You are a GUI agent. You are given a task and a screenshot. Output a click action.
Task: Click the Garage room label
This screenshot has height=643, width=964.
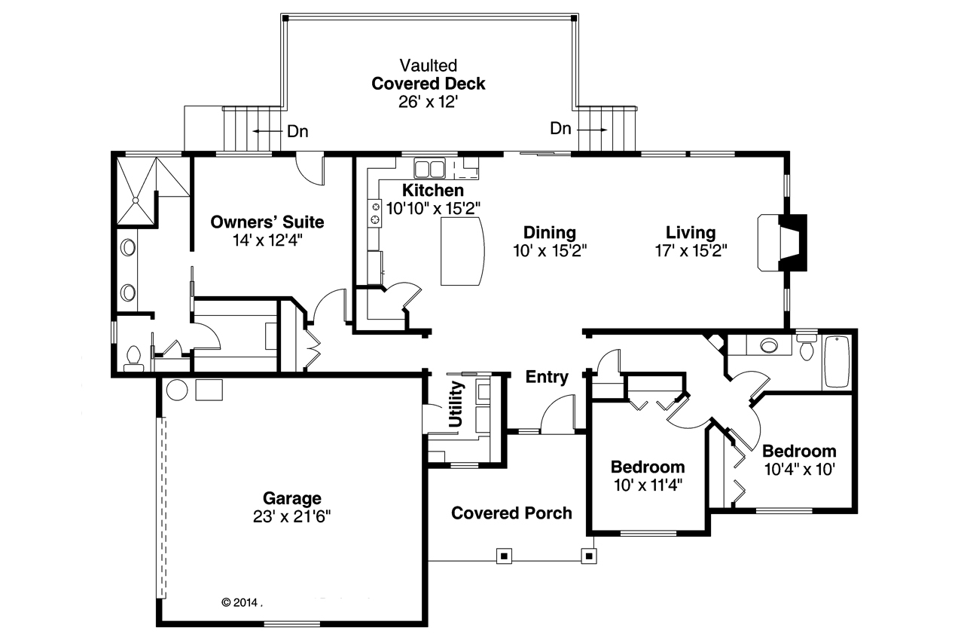pos(291,498)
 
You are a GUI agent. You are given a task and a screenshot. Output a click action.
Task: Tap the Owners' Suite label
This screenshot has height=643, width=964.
pos(267,222)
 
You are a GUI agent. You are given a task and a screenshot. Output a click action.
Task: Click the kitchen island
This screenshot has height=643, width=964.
pos(462,251)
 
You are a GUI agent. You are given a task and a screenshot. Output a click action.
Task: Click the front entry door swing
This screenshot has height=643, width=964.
pos(557,416)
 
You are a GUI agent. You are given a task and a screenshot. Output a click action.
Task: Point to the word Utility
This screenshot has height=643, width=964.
pos(456,404)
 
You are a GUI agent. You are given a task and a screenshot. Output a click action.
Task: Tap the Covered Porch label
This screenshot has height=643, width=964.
pos(511,513)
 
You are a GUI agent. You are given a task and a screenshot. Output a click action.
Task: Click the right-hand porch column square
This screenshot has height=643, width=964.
pos(588,556)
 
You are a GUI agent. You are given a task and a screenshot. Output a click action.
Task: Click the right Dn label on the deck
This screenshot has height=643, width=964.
pos(560,129)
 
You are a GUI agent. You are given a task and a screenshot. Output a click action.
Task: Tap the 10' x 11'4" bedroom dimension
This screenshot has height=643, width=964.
pos(648,485)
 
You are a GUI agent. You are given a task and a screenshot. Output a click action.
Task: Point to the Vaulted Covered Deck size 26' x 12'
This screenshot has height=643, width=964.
pos(429,102)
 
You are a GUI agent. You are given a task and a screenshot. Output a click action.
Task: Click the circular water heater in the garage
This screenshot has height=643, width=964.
pos(176,390)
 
